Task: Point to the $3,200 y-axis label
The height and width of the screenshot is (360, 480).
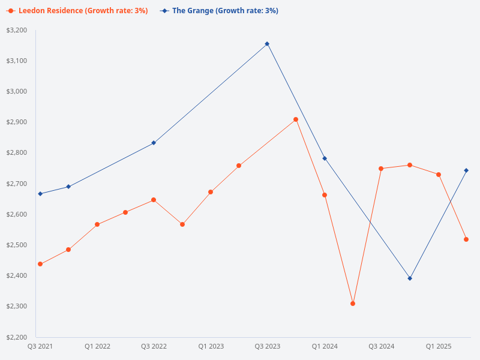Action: click(x=17, y=30)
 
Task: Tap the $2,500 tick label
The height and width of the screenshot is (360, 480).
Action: click(x=17, y=245)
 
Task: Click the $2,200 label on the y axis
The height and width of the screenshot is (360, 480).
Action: click(x=17, y=337)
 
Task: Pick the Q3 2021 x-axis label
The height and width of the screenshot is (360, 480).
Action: click(x=40, y=346)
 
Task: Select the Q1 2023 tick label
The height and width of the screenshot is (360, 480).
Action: click(x=211, y=346)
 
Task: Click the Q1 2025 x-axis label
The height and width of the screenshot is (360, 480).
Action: click(x=439, y=346)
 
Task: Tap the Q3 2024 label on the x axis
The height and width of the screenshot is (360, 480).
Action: click(x=382, y=346)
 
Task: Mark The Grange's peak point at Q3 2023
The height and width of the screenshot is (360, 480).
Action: click(x=267, y=44)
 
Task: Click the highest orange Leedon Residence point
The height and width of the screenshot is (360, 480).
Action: click(x=296, y=119)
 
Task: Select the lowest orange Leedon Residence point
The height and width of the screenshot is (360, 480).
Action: click(x=353, y=304)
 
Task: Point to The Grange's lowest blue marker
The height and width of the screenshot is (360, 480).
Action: click(x=410, y=278)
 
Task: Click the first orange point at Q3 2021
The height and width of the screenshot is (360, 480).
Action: click(x=40, y=264)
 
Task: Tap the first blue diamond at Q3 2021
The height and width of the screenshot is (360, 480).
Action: click(x=40, y=194)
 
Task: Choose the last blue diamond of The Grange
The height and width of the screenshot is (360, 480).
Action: click(x=466, y=170)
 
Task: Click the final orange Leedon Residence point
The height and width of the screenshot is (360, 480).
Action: click(x=466, y=239)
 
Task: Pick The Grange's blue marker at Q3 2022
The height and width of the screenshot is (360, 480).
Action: click(x=154, y=143)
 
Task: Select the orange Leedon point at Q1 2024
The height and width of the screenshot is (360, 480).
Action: click(x=325, y=195)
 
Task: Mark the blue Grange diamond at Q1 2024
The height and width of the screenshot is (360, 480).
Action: click(x=325, y=158)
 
